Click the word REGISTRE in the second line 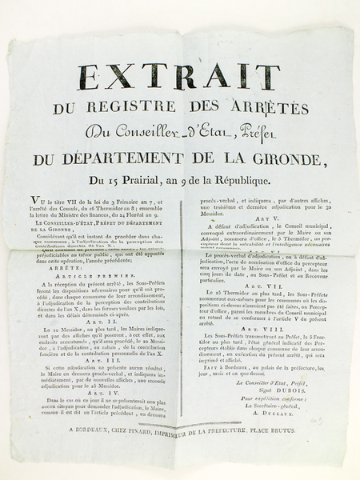coord(159,109)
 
